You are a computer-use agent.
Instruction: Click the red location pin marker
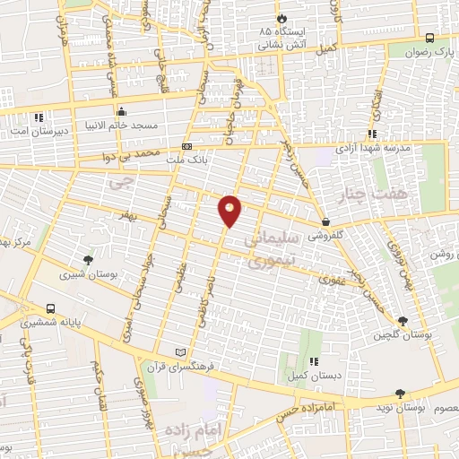click(230, 211)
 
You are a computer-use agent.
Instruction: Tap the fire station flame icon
click(284, 17)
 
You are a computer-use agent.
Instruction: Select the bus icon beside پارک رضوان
click(429, 38)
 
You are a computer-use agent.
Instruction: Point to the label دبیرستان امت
click(33, 133)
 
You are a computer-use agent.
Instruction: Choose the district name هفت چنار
click(368, 193)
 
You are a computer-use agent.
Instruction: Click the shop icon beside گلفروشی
click(324, 221)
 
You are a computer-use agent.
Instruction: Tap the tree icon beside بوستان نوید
click(399, 393)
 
